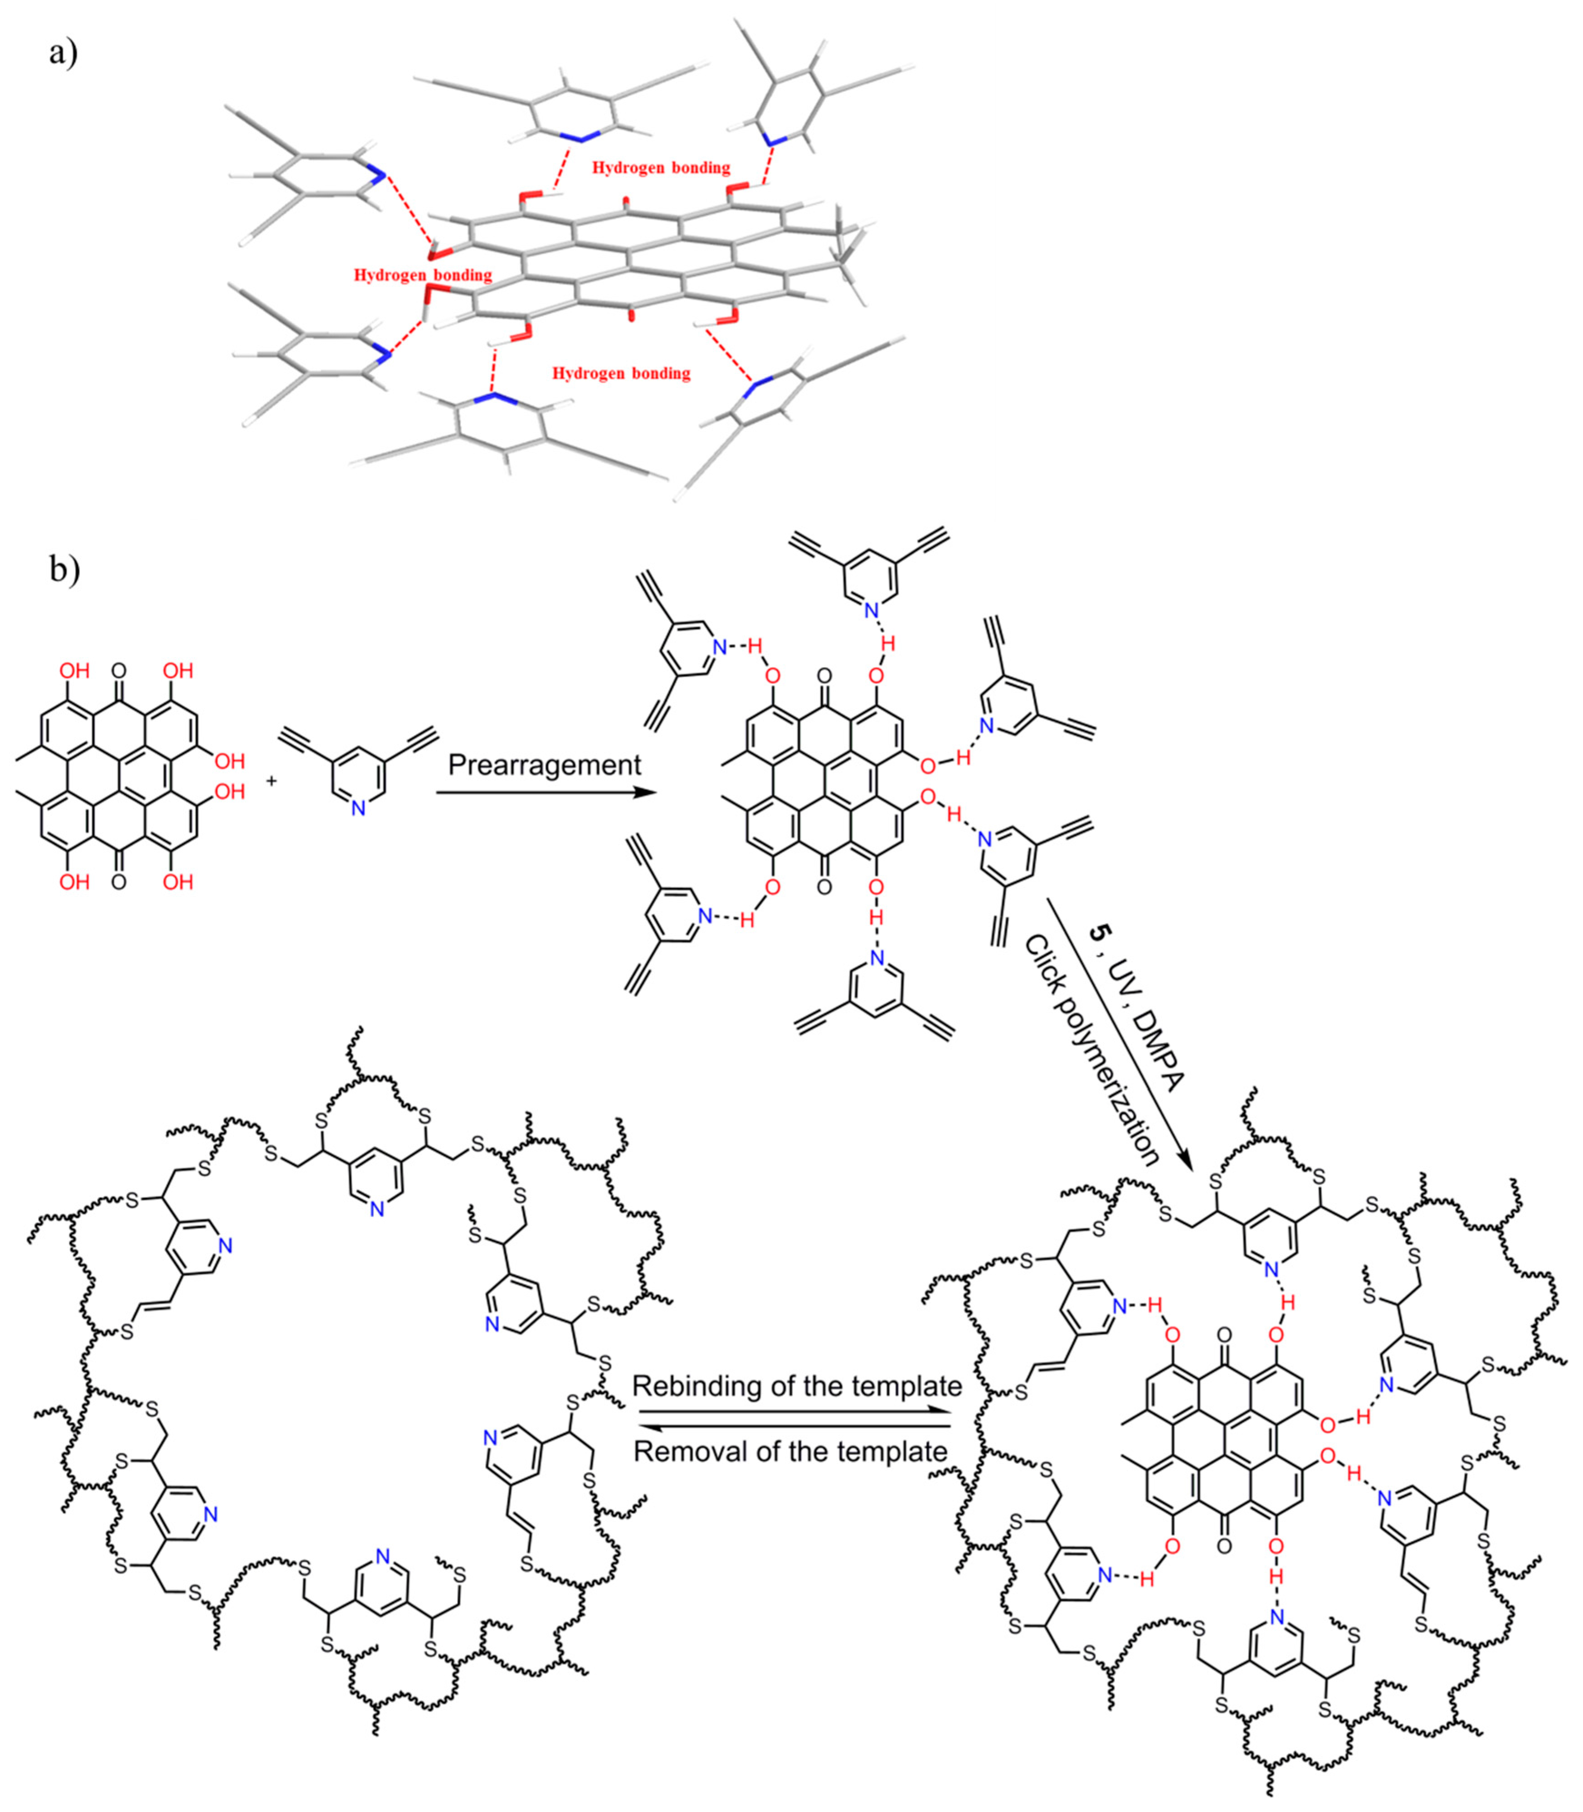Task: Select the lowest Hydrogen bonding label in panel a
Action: [621, 373]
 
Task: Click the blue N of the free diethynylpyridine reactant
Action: [358, 807]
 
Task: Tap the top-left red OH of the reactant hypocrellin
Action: [74, 670]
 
